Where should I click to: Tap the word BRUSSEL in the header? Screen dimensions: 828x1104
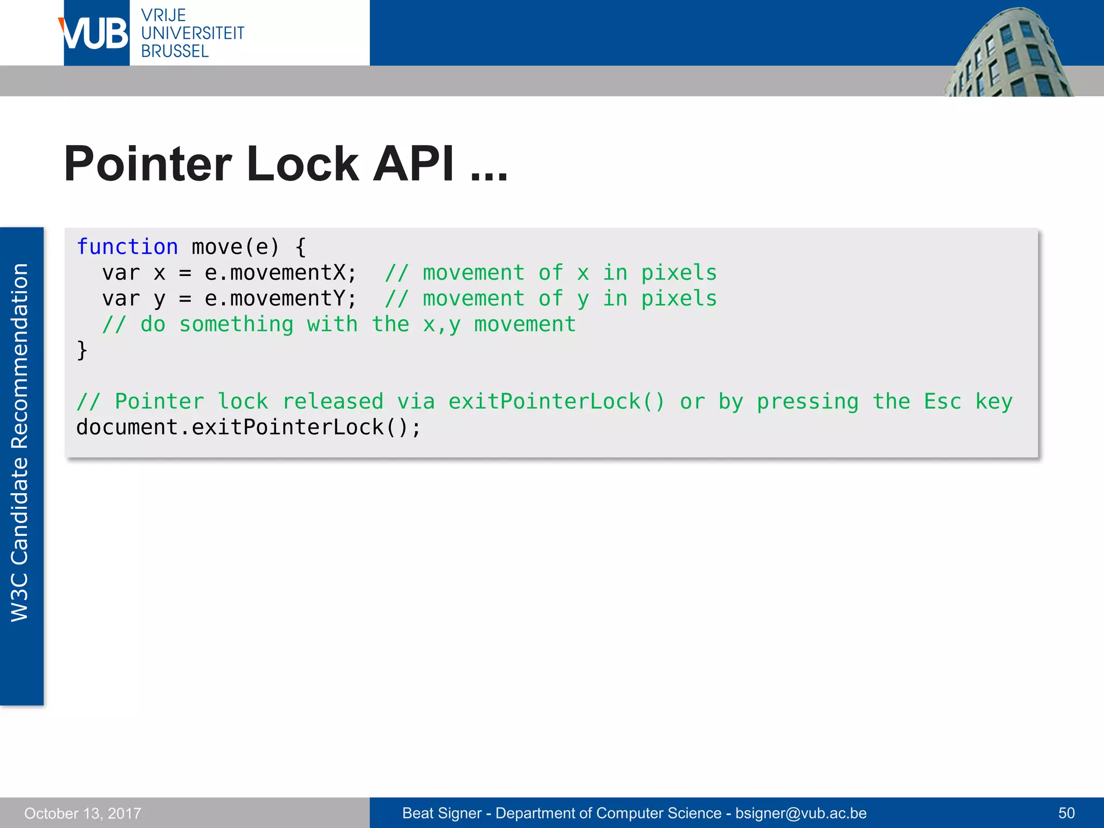point(175,52)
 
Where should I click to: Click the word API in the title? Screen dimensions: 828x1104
point(413,164)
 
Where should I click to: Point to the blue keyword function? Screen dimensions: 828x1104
point(127,247)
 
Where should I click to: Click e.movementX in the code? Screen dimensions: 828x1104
point(280,273)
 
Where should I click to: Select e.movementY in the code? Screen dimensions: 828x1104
point(280,299)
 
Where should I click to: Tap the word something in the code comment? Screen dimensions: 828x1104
point(236,325)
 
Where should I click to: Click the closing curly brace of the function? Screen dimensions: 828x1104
point(82,350)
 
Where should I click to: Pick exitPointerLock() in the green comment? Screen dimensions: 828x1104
point(557,402)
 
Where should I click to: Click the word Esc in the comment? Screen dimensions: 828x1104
point(942,402)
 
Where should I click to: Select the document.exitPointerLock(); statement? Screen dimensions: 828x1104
point(248,427)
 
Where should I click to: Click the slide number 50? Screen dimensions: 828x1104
point(1066,813)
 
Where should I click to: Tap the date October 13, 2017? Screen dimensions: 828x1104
point(82,813)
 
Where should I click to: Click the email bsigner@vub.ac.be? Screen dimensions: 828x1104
point(801,813)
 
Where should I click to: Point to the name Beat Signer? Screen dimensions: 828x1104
point(441,813)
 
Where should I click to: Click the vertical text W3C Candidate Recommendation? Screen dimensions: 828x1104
point(20,442)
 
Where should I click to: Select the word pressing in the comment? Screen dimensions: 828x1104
point(807,402)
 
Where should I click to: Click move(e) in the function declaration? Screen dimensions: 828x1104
point(236,247)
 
